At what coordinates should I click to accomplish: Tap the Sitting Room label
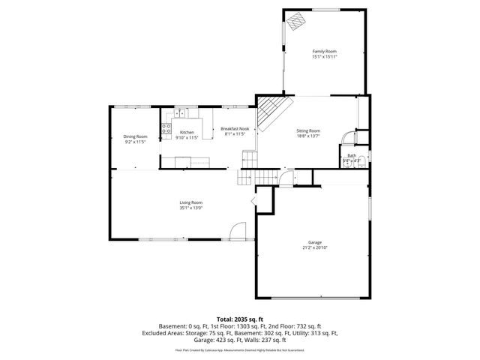[x=308, y=130]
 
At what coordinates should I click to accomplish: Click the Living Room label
[x=190, y=202]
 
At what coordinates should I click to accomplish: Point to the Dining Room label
[x=135, y=136]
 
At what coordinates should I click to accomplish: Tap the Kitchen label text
[x=186, y=133]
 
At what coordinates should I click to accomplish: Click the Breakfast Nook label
[x=235, y=128]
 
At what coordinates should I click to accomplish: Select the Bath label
[x=351, y=155]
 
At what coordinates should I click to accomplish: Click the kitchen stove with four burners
[x=166, y=127]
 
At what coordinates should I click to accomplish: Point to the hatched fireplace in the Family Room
[x=295, y=20]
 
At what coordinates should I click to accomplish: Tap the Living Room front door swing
[x=237, y=230]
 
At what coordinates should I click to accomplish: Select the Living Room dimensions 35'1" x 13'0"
[x=190, y=208]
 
